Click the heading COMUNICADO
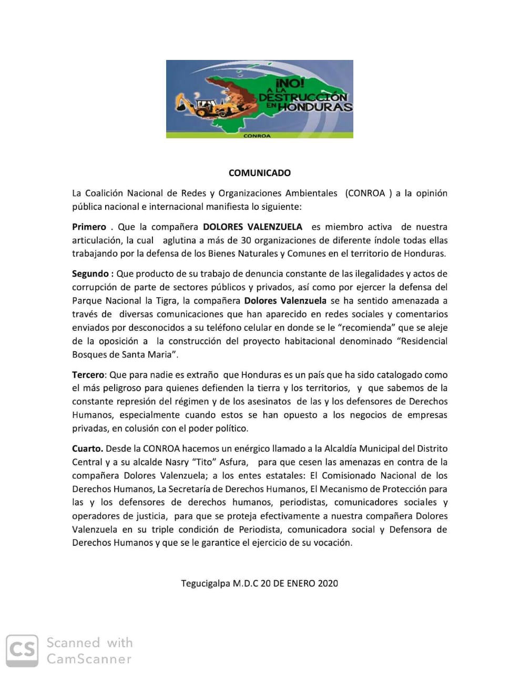coord(259,172)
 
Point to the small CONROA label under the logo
coord(257,136)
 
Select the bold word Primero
coord(89,227)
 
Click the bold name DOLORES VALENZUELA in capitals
coord(252,227)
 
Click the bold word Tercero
coord(89,375)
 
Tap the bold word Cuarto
coord(87,448)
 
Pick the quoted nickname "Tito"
coord(201,462)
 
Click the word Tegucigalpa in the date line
coord(206,583)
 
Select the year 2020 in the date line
coord(328,583)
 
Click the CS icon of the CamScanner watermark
coord(22,651)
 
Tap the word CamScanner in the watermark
coord(89,659)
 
